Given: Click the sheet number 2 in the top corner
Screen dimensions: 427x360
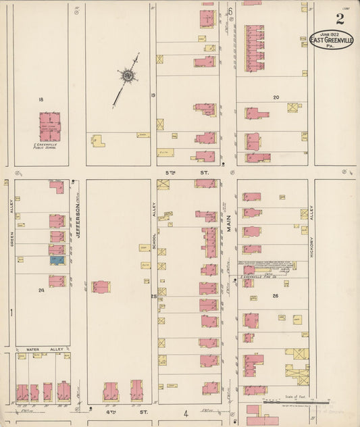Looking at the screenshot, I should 339,19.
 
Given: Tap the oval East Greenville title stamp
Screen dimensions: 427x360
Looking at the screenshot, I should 331,41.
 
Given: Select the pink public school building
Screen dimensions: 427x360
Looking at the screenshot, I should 49,126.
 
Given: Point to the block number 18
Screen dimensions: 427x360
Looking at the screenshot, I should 41,99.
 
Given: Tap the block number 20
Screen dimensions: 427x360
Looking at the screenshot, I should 276,97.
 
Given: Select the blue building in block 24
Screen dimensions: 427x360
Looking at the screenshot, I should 57,259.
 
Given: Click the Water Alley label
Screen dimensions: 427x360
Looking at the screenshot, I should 45,349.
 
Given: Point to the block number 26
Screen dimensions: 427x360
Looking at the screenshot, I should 275,295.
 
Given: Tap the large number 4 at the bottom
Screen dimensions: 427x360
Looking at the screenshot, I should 184,413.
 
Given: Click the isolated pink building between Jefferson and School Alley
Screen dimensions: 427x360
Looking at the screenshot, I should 101,286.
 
